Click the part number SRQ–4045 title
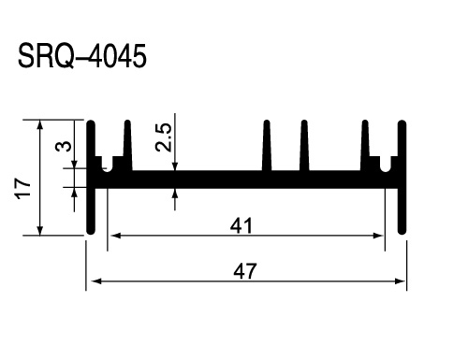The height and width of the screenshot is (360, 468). click(x=82, y=56)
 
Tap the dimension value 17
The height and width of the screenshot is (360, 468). click(x=22, y=188)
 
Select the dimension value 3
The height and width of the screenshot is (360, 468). click(x=63, y=146)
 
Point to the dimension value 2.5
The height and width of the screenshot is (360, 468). click(x=163, y=137)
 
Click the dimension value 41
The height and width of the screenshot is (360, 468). click(x=241, y=225)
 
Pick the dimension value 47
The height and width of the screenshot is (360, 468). click(x=245, y=271)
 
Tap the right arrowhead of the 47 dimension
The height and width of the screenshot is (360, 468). click(x=401, y=281)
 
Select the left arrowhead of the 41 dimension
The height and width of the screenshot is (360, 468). click(x=115, y=236)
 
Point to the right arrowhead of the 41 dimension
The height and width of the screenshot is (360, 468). click(x=378, y=236)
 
